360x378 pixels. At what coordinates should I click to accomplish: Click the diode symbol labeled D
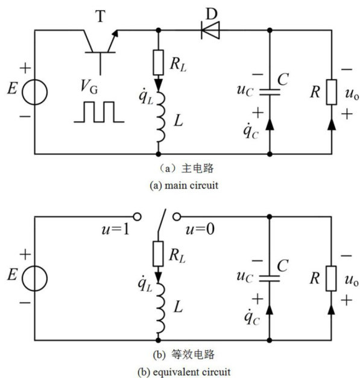click(210, 30)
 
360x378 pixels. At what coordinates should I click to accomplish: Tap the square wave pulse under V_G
click(99, 112)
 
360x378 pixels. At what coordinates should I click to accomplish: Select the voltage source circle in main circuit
click(35, 92)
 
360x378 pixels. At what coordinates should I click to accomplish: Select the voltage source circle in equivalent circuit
click(35, 279)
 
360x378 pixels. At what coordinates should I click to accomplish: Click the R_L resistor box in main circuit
click(158, 63)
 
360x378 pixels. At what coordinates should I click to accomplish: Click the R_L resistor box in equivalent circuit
click(158, 254)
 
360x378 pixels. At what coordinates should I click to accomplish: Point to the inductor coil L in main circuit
click(161, 117)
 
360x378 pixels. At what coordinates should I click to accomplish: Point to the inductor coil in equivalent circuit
click(161, 307)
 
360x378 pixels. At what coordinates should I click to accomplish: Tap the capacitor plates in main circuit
click(270, 92)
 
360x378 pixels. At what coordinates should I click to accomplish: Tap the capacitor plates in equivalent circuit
click(270, 279)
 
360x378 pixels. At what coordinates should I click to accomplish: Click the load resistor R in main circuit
click(332, 92)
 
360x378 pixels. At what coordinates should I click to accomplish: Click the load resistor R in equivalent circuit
click(331, 279)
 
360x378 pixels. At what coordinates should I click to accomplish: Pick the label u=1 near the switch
click(116, 229)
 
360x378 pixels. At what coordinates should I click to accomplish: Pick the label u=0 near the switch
click(200, 229)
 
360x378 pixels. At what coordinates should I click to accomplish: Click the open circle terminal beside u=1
click(137, 217)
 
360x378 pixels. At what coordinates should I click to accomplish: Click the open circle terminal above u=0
click(177, 217)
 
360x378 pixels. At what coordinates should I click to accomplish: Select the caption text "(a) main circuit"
click(184, 186)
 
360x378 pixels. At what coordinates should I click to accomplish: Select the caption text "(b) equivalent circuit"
click(184, 372)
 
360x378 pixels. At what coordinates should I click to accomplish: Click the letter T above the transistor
click(101, 16)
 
